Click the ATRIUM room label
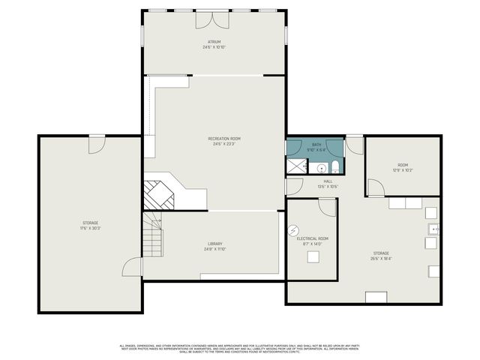click(x=214, y=42)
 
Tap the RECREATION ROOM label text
click(x=224, y=139)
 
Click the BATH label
click(x=316, y=144)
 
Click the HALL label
click(x=328, y=181)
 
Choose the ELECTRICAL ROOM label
click(x=308, y=238)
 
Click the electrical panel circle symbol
click(x=294, y=229)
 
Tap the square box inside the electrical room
click(x=313, y=257)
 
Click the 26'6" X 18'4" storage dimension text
click(x=381, y=259)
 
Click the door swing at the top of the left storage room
click(x=97, y=144)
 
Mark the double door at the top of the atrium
click(x=212, y=17)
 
